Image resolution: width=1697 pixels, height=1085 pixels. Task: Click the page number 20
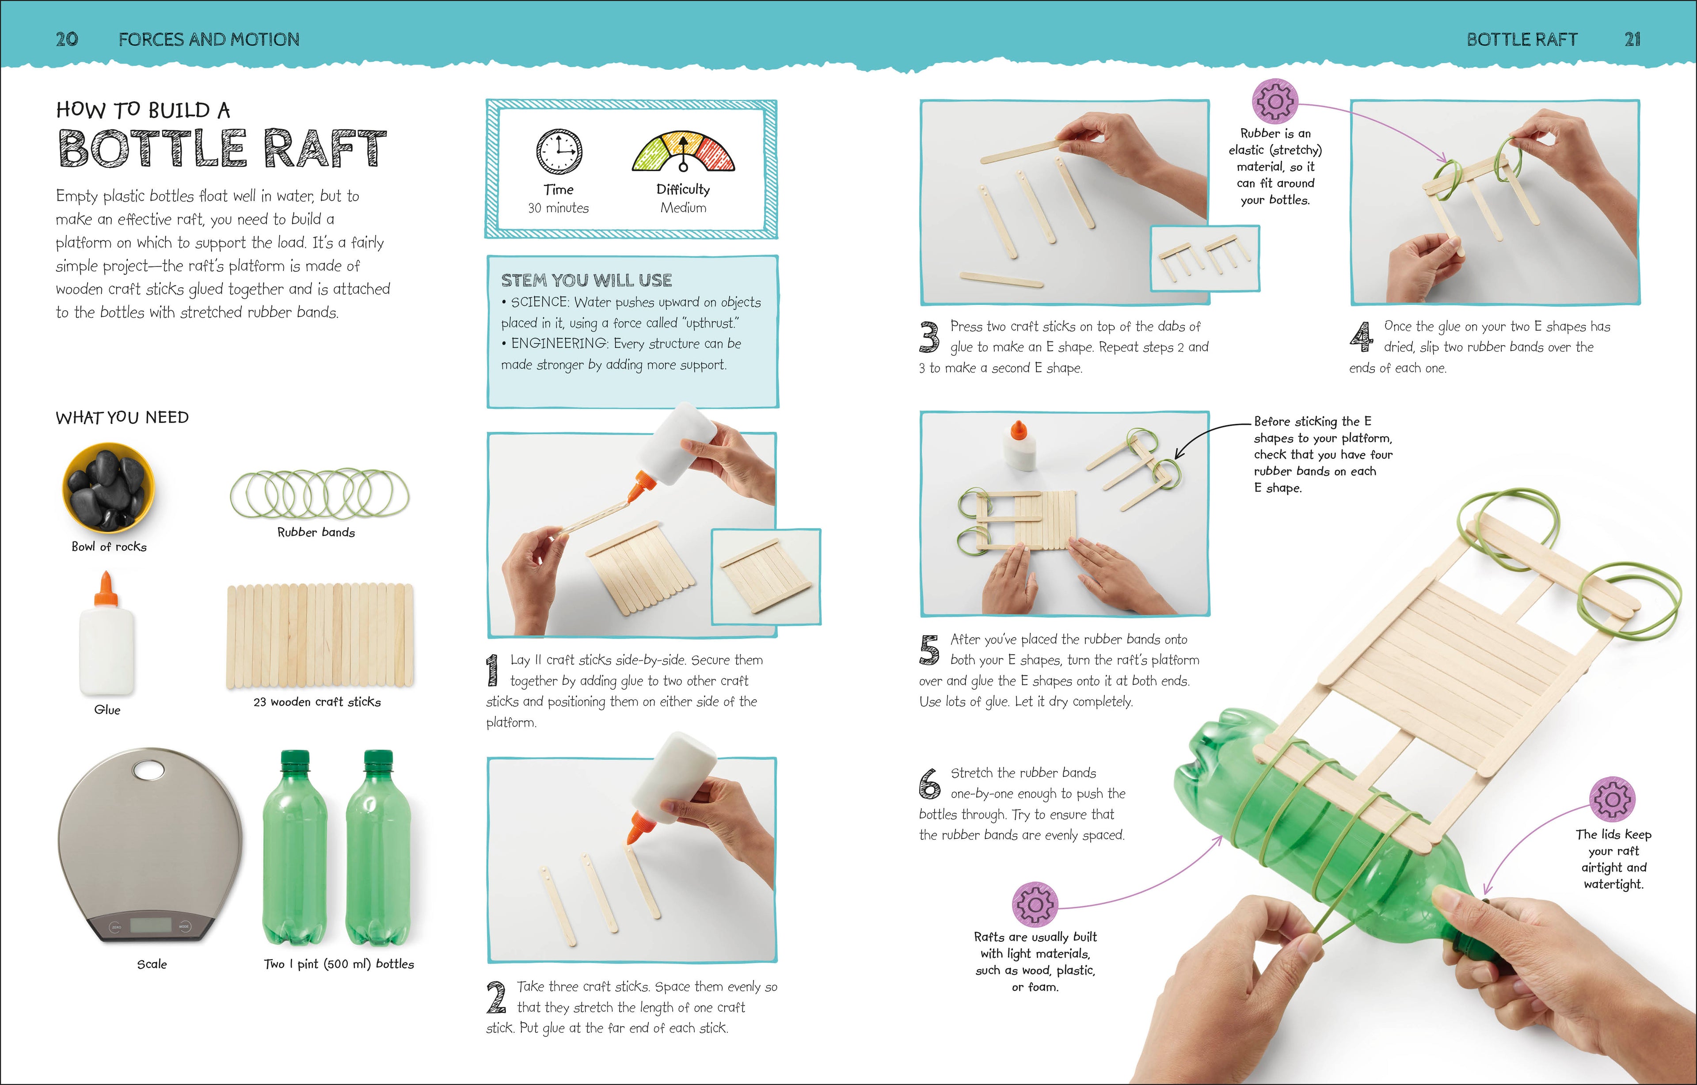click(x=67, y=39)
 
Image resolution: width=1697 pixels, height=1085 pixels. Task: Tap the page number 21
click(x=1632, y=39)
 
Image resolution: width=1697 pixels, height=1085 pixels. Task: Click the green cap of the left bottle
click(x=295, y=761)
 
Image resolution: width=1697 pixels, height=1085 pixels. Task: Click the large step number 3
click(x=929, y=337)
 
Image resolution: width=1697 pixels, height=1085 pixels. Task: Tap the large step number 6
click(x=929, y=784)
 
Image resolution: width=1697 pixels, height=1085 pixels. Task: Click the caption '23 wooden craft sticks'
click(x=317, y=701)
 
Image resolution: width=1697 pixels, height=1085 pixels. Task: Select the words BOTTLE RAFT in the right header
click(x=1522, y=39)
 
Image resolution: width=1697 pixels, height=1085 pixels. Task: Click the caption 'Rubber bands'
click(x=316, y=532)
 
